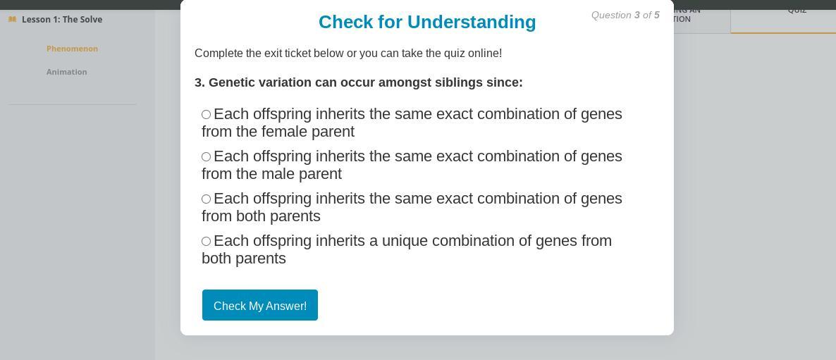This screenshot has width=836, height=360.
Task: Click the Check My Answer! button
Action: pos(259,305)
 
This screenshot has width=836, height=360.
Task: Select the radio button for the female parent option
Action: pos(207,115)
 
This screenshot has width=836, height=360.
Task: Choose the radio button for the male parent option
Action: pos(207,156)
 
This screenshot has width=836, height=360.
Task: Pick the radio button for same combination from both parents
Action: pos(207,199)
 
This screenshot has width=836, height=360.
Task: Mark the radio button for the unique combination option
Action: pos(207,241)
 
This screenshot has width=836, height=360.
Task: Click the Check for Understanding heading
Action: pos(427,22)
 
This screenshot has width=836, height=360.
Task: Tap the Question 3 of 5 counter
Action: pos(625,15)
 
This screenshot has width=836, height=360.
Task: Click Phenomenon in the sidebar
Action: pos(72,49)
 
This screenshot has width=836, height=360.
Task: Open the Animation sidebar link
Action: pos(67,72)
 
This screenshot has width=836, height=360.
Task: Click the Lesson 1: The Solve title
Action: pos(62,19)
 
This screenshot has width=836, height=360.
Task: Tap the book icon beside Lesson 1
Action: pos(12,19)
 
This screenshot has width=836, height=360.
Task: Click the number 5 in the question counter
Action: pos(657,15)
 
